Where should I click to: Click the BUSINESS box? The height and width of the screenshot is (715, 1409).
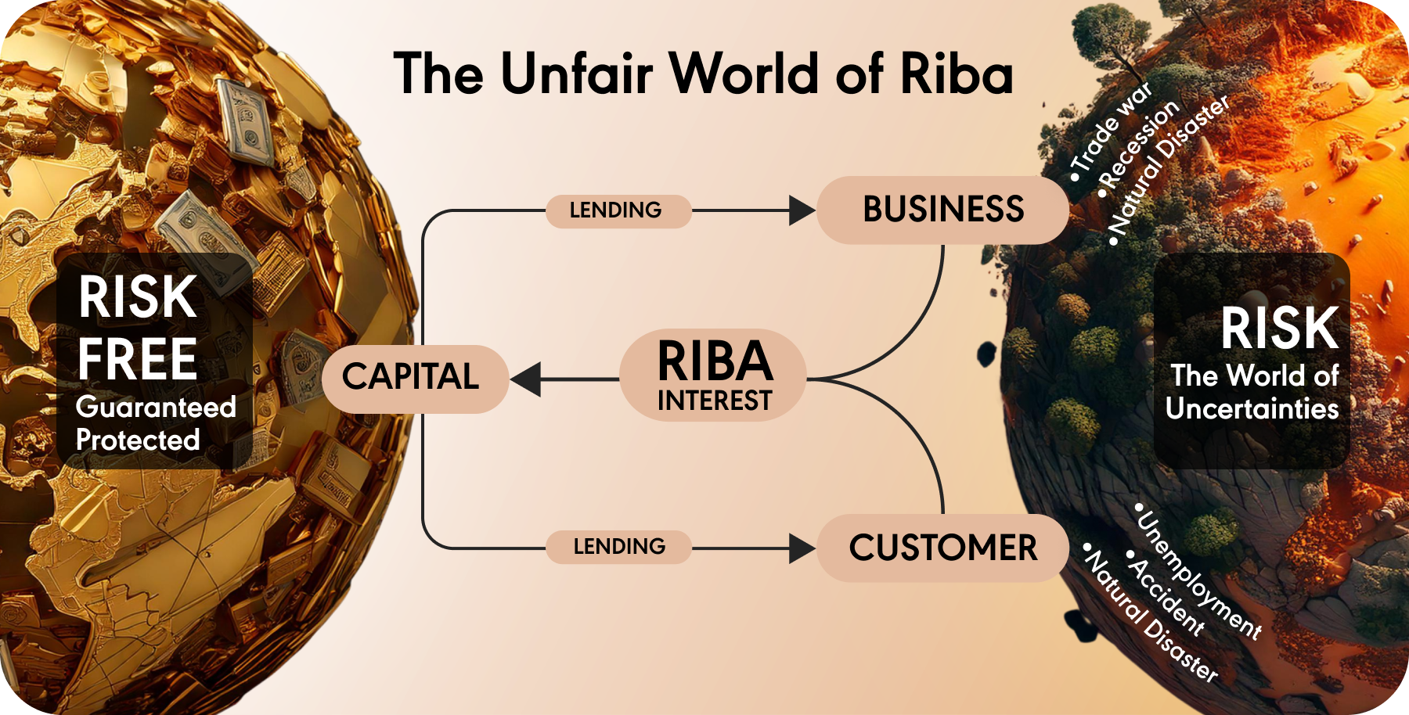(x=942, y=210)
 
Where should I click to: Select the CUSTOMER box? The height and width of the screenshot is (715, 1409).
(x=942, y=548)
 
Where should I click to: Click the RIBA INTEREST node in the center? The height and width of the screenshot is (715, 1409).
(x=714, y=376)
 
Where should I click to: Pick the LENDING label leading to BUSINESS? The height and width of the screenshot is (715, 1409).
(x=616, y=210)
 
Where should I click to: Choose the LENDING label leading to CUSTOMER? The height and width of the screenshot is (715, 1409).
(x=619, y=546)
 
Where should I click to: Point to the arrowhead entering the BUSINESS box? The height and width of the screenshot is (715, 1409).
(x=801, y=210)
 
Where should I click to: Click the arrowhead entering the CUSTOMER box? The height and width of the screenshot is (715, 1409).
(x=801, y=548)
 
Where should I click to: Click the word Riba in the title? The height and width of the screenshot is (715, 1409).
(x=957, y=74)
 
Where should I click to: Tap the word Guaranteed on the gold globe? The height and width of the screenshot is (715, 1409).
(x=156, y=407)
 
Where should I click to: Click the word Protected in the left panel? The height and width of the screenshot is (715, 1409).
(x=138, y=440)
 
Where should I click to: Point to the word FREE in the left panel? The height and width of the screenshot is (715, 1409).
(x=137, y=359)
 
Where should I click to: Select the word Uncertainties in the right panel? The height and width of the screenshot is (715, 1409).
(x=1252, y=408)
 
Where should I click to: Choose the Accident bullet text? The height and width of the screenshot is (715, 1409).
(x=1166, y=596)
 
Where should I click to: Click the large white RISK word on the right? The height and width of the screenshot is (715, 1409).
(x=1279, y=329)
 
